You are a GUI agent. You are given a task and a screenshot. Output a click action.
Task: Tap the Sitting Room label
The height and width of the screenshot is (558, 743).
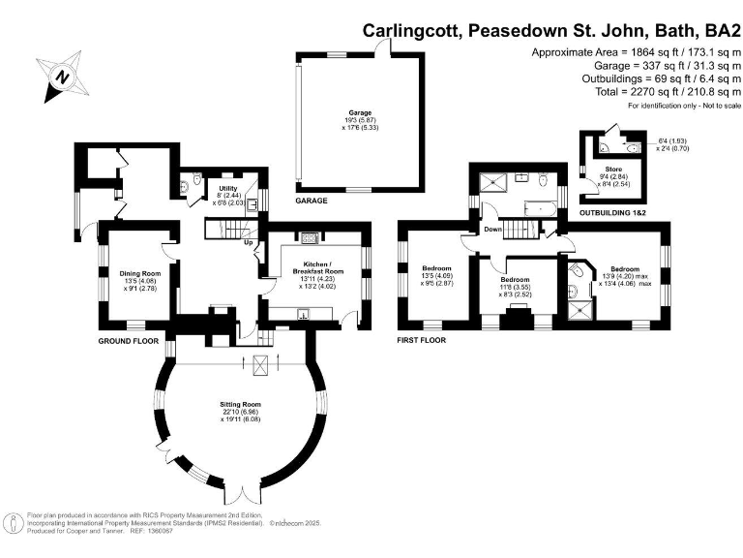click(240, 410)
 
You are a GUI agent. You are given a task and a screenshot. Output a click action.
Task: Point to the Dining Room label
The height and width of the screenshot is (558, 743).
click(138, 274)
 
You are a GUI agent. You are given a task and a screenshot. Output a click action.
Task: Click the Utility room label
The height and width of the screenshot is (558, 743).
click(228, 188)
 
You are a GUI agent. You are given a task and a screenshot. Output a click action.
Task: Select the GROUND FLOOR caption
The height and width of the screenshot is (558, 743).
click(128, 342)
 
